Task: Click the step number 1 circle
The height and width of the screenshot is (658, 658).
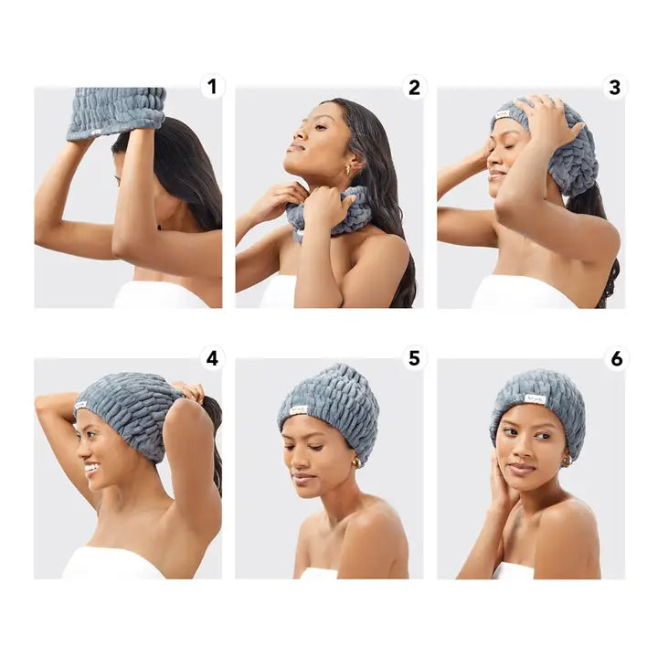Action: coord(213,87)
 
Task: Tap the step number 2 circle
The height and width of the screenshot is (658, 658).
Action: coord(414,87)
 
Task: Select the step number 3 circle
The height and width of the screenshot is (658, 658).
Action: coord(615,87)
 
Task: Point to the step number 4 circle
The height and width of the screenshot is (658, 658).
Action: coord(213,357)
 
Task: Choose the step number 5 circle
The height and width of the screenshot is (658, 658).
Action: coord(414,357)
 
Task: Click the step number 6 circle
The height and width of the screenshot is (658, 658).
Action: coord(615,357)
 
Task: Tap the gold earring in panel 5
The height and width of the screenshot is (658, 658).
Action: coord(356,462)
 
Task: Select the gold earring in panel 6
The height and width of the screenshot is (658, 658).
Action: coord(567,460)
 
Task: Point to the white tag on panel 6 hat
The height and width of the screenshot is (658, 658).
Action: coord(535,398)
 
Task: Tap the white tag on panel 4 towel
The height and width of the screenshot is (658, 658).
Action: coord(81,405)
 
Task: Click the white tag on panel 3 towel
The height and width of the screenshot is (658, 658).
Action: coord(502,114)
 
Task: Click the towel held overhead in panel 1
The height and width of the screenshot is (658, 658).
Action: coord(116,111)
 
